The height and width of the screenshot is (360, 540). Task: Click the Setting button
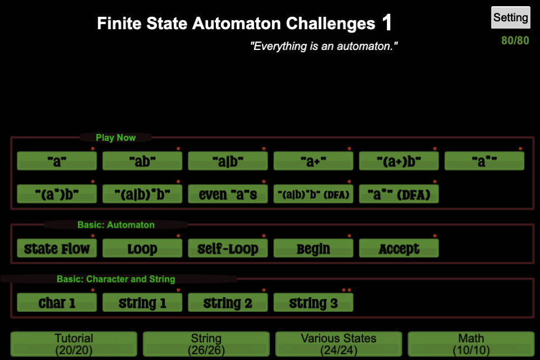[510, 18]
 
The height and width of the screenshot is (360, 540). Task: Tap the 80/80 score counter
[515, 41]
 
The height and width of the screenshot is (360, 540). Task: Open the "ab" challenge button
[142, 161]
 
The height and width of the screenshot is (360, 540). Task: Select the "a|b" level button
[228, 161]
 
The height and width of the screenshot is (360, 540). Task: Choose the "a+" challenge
[313, 161]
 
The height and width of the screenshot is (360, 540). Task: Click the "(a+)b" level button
[399, 161]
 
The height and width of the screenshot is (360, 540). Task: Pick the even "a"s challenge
[228, 194]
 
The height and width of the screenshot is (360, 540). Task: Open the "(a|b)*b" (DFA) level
[313, 194]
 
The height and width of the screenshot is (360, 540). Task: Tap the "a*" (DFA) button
[399, 194]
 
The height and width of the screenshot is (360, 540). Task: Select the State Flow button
[57, 248]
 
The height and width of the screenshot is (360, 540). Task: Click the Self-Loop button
[228, 248]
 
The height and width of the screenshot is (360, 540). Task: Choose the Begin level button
[313, 248]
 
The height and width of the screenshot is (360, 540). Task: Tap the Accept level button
[399, 248]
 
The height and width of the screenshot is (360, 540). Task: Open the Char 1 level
[57, 303]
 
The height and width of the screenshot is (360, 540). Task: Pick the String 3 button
[313, 303]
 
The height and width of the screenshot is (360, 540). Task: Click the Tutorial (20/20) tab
[74, 344]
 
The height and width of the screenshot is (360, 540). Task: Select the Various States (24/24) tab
[339, 344]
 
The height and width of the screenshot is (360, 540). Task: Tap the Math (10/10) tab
[471, 344]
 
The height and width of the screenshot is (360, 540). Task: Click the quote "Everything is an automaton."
[324, 46]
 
